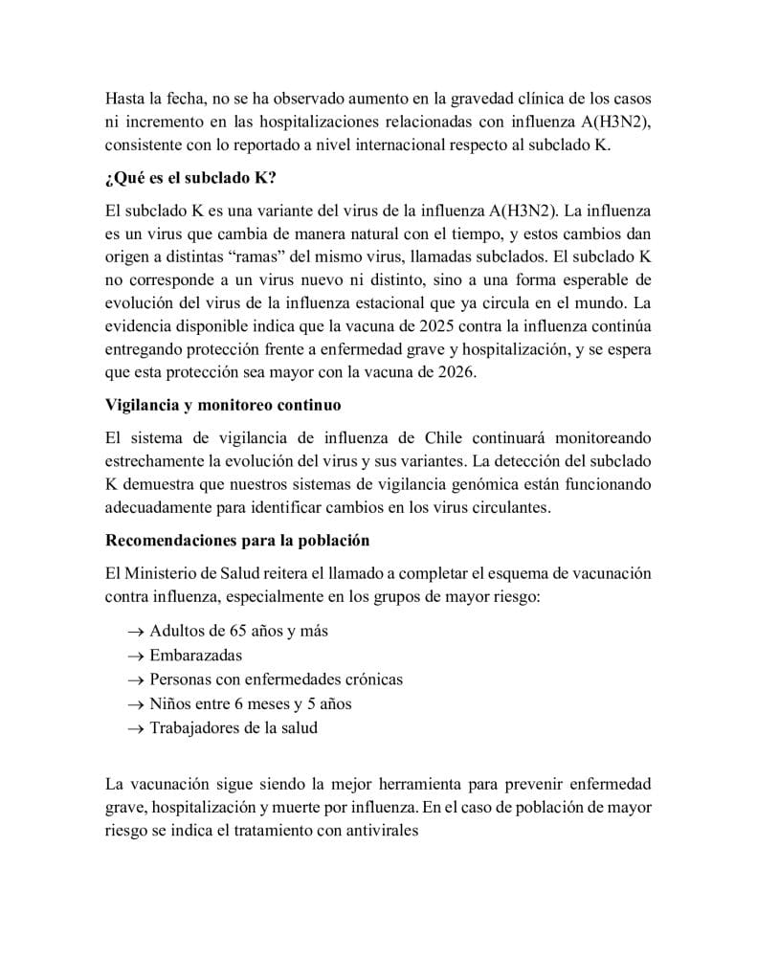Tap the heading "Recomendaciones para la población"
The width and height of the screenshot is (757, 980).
237,540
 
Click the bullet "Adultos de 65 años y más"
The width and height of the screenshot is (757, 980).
239,632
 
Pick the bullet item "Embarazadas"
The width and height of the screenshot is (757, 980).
195,656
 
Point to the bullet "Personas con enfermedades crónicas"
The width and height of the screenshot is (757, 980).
276,679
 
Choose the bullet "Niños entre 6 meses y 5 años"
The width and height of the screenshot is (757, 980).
251,703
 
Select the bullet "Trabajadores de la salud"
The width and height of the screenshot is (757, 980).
234,727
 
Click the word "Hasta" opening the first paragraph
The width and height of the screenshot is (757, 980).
126,99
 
